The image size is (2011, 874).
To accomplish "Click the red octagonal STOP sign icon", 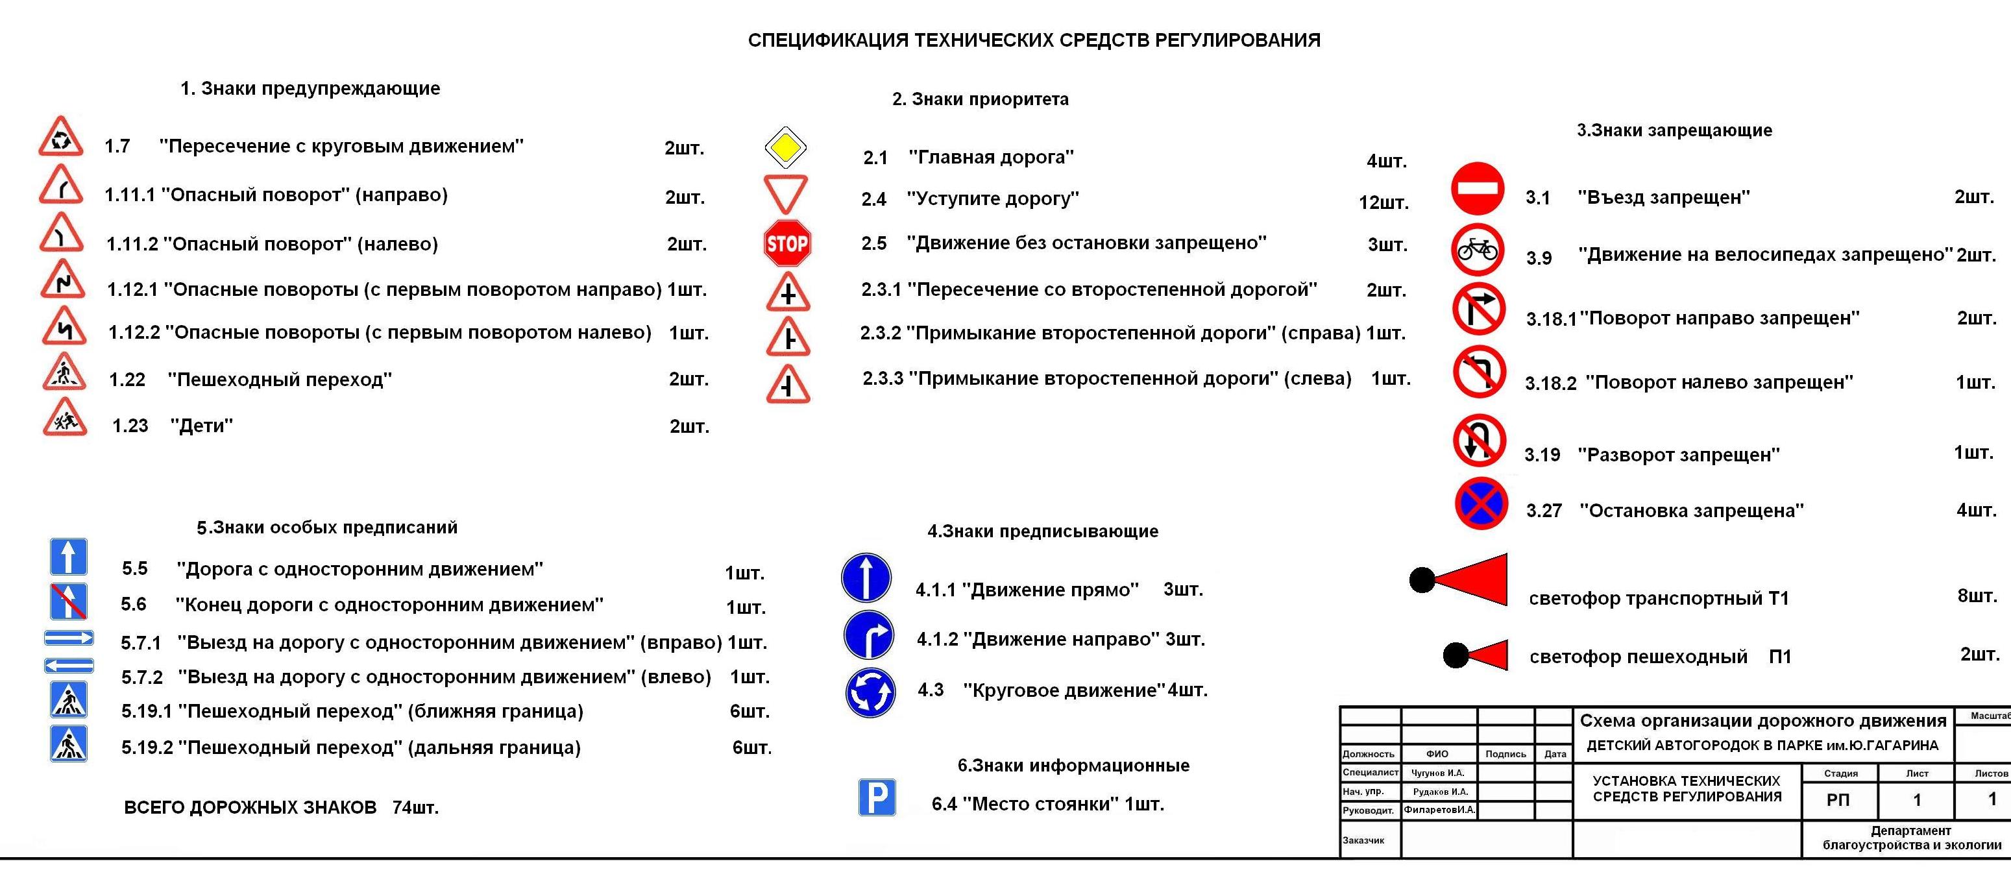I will [x=787, y=243].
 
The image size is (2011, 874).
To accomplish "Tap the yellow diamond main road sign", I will [x=785, y=147].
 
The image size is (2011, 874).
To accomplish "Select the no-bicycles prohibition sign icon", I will [x=1477, y=250].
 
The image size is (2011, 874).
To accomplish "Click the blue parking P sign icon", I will [x=877, y=797].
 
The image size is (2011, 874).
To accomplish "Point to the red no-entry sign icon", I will [x=1477, y=189].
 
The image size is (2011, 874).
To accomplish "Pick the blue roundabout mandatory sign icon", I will [x=870, y=692].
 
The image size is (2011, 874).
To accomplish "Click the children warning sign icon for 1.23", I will [x=65, y=419].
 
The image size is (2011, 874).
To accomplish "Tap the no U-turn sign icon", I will [x=1479, y=441].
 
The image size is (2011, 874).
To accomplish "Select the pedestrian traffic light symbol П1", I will [x=1475, y=655].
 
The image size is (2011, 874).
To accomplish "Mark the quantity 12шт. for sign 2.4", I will [x=1383, y=203].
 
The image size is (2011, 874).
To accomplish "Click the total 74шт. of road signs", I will [x=415, y=808].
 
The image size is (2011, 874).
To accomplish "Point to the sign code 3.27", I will [x=1543, y=511].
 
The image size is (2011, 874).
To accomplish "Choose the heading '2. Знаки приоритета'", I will [x=980, y=99].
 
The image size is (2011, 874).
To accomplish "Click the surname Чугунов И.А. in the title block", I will [x=1438, y=773].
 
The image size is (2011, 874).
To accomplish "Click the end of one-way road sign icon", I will [x=68, y=601].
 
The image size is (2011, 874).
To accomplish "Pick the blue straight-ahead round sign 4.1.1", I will [x=866, y=578].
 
